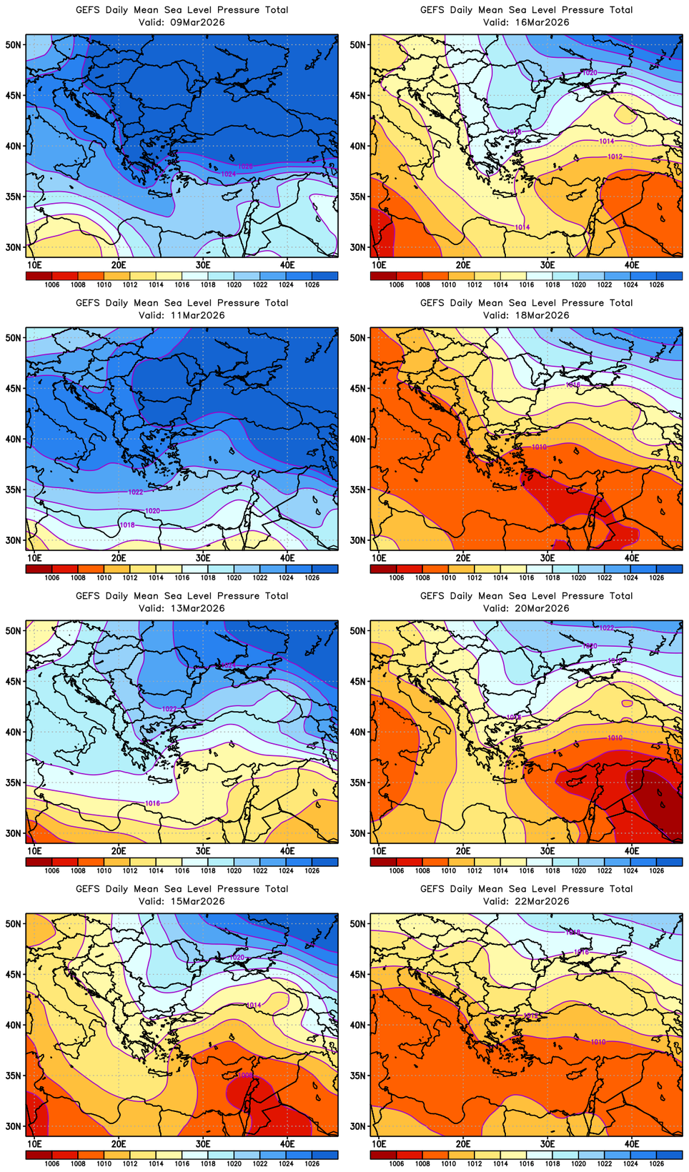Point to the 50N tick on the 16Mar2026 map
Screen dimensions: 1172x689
[358, 44]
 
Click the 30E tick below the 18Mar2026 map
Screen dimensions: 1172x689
[547, 557]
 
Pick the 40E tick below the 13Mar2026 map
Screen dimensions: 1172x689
[287, 850]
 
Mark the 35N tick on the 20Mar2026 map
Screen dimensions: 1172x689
[358, 783]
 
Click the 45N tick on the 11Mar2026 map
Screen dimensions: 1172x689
[14, 388]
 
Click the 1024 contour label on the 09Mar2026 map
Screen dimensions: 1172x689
[229, 174]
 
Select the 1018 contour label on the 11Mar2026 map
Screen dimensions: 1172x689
[127, 525]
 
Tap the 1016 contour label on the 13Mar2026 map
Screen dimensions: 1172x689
[152, 803]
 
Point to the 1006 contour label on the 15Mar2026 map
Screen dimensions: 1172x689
[245, 1075]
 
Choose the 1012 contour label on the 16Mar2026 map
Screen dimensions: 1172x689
[615, 157]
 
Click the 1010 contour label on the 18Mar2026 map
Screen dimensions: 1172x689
[539, 447]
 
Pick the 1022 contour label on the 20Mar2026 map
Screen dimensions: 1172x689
[606, 627]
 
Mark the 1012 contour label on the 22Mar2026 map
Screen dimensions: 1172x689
[530, 1015]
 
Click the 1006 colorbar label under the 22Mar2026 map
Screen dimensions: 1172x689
[397, 1163]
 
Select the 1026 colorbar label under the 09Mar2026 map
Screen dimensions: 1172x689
[312, 284]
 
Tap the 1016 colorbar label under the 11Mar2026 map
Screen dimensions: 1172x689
[182, 577]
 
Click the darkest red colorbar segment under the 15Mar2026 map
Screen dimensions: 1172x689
[39, 1154]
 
